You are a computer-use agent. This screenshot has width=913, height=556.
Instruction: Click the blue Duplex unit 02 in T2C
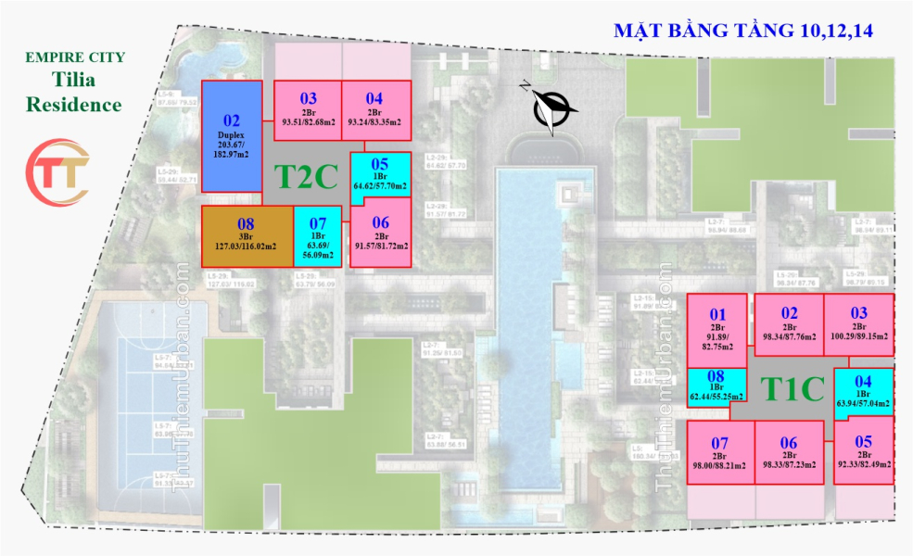pyautogui.click(x=232, y=136)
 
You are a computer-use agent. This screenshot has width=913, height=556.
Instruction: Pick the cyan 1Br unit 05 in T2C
pyautogui.click(x=380, y=175)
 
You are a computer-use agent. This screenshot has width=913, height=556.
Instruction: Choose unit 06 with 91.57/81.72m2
pyautogui.click(x=380, y=234)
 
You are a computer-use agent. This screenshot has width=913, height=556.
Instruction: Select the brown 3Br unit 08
pyautogui.click(x=247, y=234)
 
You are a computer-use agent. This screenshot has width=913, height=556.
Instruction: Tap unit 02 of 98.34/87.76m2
pyautogui.click(x=789, y=324)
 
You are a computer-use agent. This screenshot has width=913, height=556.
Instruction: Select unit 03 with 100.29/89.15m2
pyautogui.click(x=859, y=324)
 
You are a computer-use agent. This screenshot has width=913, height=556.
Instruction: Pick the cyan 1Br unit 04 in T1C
pyautogui.click(x=863, y=389)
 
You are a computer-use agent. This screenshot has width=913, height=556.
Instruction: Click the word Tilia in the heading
pyautogui.click(x=74, y=81)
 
